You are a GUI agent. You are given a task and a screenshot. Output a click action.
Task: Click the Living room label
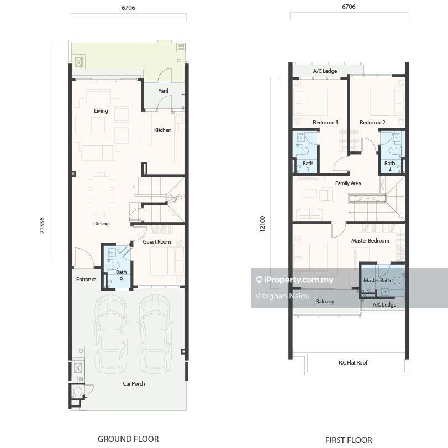click(101, 111)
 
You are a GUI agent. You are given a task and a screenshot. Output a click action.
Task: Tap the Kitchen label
click(162, 130)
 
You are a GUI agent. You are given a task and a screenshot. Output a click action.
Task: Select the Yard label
click(163, 91)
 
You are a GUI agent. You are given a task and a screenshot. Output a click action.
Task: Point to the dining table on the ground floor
click(101, 194)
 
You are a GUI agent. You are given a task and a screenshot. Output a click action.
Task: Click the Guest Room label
click(157, 242)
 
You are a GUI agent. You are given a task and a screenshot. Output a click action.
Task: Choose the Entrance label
click(86, 280)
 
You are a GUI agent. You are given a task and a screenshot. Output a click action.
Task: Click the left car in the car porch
click(110, 334)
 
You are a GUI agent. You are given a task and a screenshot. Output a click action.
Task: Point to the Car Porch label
click(134, 384)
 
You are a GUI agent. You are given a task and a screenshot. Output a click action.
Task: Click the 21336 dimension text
click(42, 225)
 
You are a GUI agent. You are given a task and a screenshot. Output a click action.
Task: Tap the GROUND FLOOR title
click(128, 439)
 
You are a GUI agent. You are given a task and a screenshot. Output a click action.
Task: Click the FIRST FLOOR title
click(349, 440)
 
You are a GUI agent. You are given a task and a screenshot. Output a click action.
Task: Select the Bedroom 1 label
click(325, 122)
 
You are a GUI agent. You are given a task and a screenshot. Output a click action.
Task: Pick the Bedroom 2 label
click(372, 122)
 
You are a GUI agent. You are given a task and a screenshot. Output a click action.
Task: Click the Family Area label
click(348, 183)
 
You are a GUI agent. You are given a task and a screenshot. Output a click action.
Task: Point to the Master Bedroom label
click(370, 240)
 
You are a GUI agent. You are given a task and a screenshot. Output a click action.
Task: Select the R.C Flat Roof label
click(353, 362)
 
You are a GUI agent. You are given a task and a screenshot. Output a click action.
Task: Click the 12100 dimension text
click(262, 224)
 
